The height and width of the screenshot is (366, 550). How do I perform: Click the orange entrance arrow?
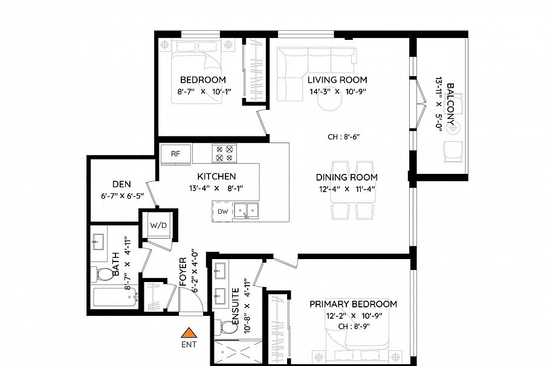click(x=190, y=332)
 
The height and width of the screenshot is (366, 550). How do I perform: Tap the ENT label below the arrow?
click(x=189, y=344)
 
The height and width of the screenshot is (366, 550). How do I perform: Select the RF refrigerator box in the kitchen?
click(x=175, y=153)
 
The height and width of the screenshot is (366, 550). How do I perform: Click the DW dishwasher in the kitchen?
click(x=223, y=211)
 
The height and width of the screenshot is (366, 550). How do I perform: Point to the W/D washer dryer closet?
click(x=158, y=225)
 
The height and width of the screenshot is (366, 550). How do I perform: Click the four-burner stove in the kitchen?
click(x=224, y=153)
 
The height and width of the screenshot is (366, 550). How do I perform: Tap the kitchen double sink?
click(x=248, y=211)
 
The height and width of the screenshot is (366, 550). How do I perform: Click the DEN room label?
click(x=121, y=185)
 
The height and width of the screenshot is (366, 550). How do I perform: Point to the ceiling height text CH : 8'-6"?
click(x=343, y=137)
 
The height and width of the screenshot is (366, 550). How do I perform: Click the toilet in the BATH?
click(x=103, y=275)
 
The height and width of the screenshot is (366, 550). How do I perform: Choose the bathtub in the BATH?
click(x=115, y=297)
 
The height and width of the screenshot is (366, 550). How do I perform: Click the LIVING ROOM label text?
click(x=337, y=80)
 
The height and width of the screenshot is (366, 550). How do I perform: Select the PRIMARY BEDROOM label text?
click(x=353, y=304)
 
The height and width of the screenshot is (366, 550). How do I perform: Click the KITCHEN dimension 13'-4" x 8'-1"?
click(x=216, y=188)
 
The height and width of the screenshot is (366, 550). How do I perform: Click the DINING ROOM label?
click(x=346, y=177)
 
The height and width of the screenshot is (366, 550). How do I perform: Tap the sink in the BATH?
click(x=98, y=243)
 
